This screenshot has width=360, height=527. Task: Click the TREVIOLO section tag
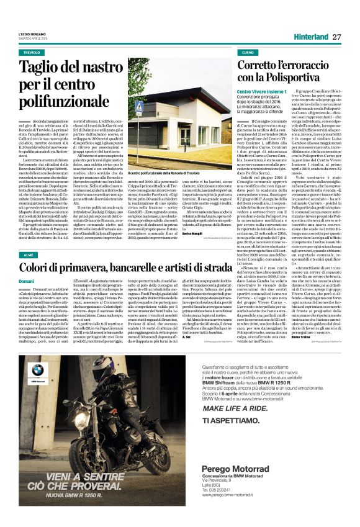pos(32,53)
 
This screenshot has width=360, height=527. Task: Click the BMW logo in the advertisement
pos(38,372)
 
